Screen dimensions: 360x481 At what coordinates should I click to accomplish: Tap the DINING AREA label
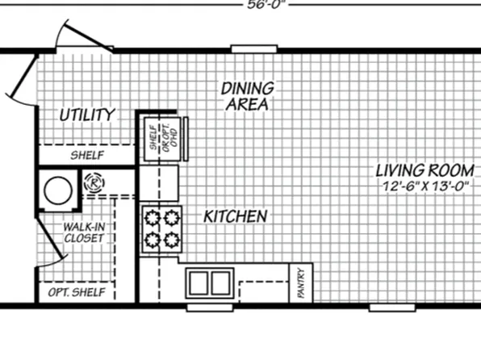click(248, 95)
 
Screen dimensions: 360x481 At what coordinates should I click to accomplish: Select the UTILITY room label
click(87, 115)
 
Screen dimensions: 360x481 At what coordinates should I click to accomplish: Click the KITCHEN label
click(235, 216)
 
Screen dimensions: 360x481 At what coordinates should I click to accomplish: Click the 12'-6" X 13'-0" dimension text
click(426, 186)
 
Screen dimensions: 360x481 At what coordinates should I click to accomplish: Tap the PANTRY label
click(301, 283)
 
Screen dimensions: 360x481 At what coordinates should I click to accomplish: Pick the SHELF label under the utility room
click(86, 155)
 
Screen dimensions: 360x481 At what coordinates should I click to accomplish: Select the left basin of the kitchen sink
click(199, 283)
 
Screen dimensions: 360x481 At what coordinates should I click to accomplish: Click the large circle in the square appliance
click(57, 190)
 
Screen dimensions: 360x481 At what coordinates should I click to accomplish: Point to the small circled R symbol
click(95, 183)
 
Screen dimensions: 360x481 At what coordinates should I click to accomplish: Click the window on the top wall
click(254, 49)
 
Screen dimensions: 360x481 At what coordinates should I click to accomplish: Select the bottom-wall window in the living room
click(391, 308)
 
